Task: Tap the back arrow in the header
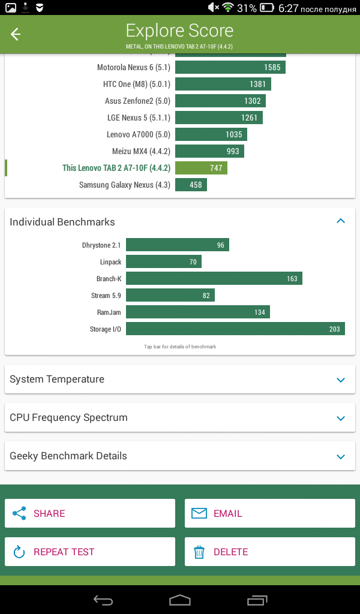(x=15, y=34)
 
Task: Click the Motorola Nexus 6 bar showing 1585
(x=230, y=67)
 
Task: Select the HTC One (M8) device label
(x=137, y=84)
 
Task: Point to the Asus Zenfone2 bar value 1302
(x=252, y=101)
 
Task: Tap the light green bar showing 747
(x=201, y=168)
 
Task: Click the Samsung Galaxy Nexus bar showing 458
(x=191, y=185)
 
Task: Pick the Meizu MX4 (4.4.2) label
(x=141, y=151)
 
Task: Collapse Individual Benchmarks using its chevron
(x=341, y=221)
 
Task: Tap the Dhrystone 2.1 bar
(x=178, y=245)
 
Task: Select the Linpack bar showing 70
(x=164, y=261)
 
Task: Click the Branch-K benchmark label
(x=109, y=279)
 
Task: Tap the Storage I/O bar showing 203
(x=235, y=329)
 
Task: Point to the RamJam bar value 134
(x=260, y=312)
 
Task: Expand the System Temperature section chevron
(x=341, y=380)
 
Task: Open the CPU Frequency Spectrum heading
(x=68, y=417)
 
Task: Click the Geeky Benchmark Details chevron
(x=341, y=456)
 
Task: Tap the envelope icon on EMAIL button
(x=199, y=513)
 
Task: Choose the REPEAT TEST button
(x=90, y=552)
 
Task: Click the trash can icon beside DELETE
(x=199, y=552)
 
